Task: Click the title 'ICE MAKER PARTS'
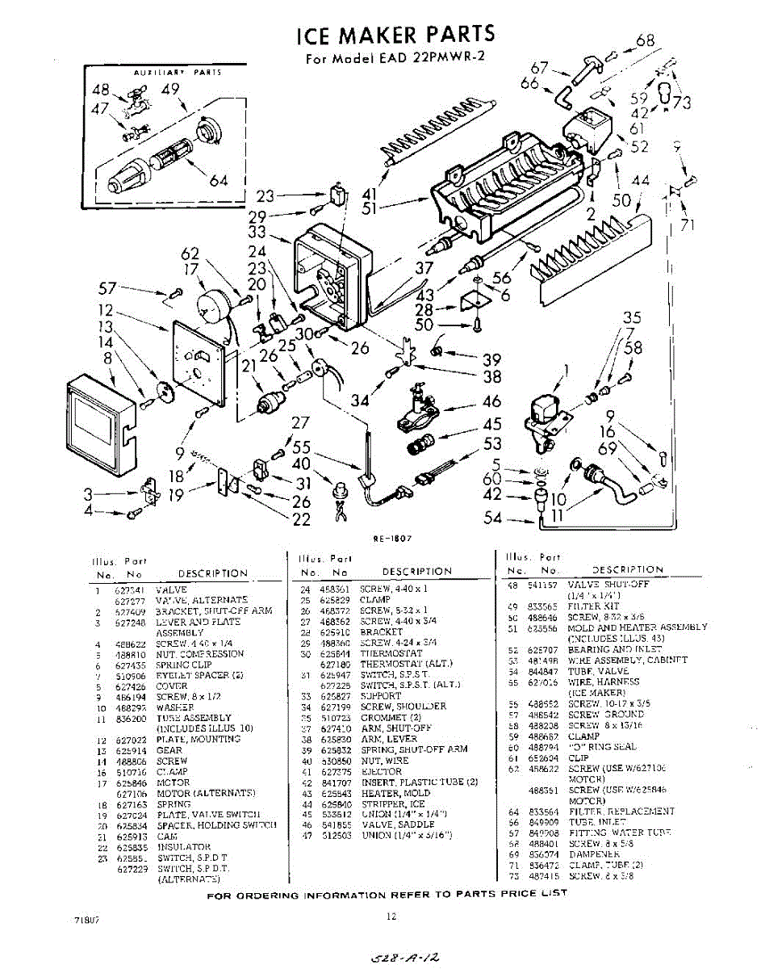click(395, 35)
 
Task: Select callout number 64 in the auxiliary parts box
click(218, 179)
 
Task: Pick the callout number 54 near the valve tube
click(493, 518)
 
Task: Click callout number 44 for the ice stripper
click(640, 182)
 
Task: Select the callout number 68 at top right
click(645, 41)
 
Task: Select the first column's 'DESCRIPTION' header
click(213, 573)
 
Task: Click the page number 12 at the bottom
click(391, 916)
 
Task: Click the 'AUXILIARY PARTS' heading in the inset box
click(178, 73)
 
